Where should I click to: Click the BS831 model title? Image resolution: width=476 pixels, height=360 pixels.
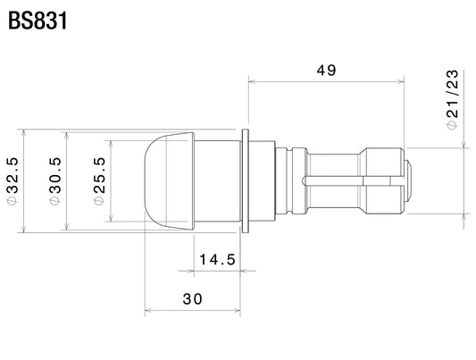pos(38,21)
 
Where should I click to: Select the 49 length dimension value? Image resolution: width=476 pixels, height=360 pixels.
pos(326,70)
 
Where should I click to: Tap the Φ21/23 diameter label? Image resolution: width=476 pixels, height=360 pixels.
pos(452,99)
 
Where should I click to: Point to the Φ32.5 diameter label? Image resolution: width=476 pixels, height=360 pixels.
pos(12,180)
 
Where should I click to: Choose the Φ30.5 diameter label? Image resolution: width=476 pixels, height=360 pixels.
pos(55,181)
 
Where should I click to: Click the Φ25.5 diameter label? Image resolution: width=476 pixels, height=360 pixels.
pos(99,181)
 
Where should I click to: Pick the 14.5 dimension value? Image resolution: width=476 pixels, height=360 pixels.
pos(217,260)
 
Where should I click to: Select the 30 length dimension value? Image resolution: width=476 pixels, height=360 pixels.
pos(193,299)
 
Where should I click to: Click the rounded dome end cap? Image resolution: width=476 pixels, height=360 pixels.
pos(170,181)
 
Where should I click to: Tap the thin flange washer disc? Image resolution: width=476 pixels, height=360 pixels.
pos(245,181)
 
